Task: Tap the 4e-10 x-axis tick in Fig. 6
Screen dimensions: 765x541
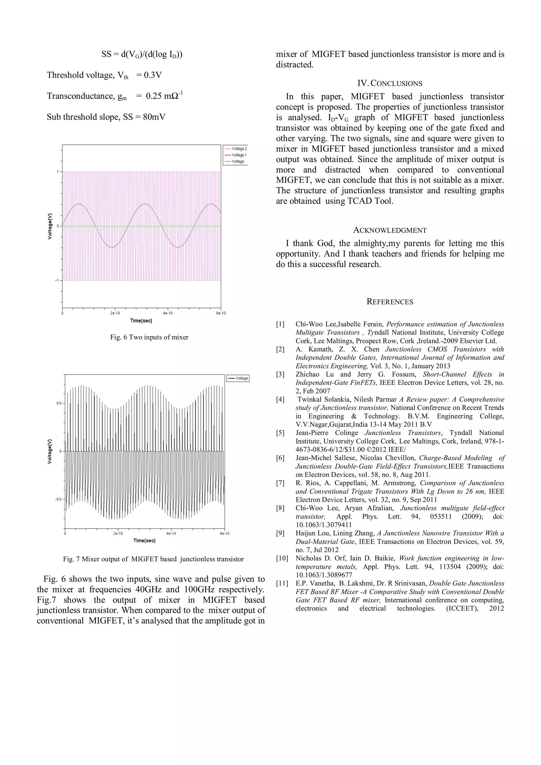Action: pos(168,313)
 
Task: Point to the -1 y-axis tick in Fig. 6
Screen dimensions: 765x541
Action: pos(57,280)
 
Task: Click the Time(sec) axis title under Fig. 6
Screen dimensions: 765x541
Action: pos(141,321)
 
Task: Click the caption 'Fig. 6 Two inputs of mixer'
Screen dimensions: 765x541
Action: pos(149,337)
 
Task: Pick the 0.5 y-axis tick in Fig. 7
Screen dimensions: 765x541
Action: pos(59,403)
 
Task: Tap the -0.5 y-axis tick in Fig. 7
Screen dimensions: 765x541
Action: pos(58,499)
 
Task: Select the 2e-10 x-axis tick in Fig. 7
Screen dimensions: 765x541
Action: pos(118,533)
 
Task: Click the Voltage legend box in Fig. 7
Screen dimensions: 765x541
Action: pos(238,378)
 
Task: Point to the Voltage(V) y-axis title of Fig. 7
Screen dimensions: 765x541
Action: pos(50,452)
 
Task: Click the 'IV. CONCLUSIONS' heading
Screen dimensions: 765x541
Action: pos(390,83)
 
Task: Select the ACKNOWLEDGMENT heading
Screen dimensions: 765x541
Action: pos(390,230)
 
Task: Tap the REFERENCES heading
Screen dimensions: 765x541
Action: pos(390,302)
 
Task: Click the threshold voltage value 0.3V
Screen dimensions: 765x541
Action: pos(153,75)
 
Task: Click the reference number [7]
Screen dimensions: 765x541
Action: pos(280,483)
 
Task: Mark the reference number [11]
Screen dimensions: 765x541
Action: pos(282,583)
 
